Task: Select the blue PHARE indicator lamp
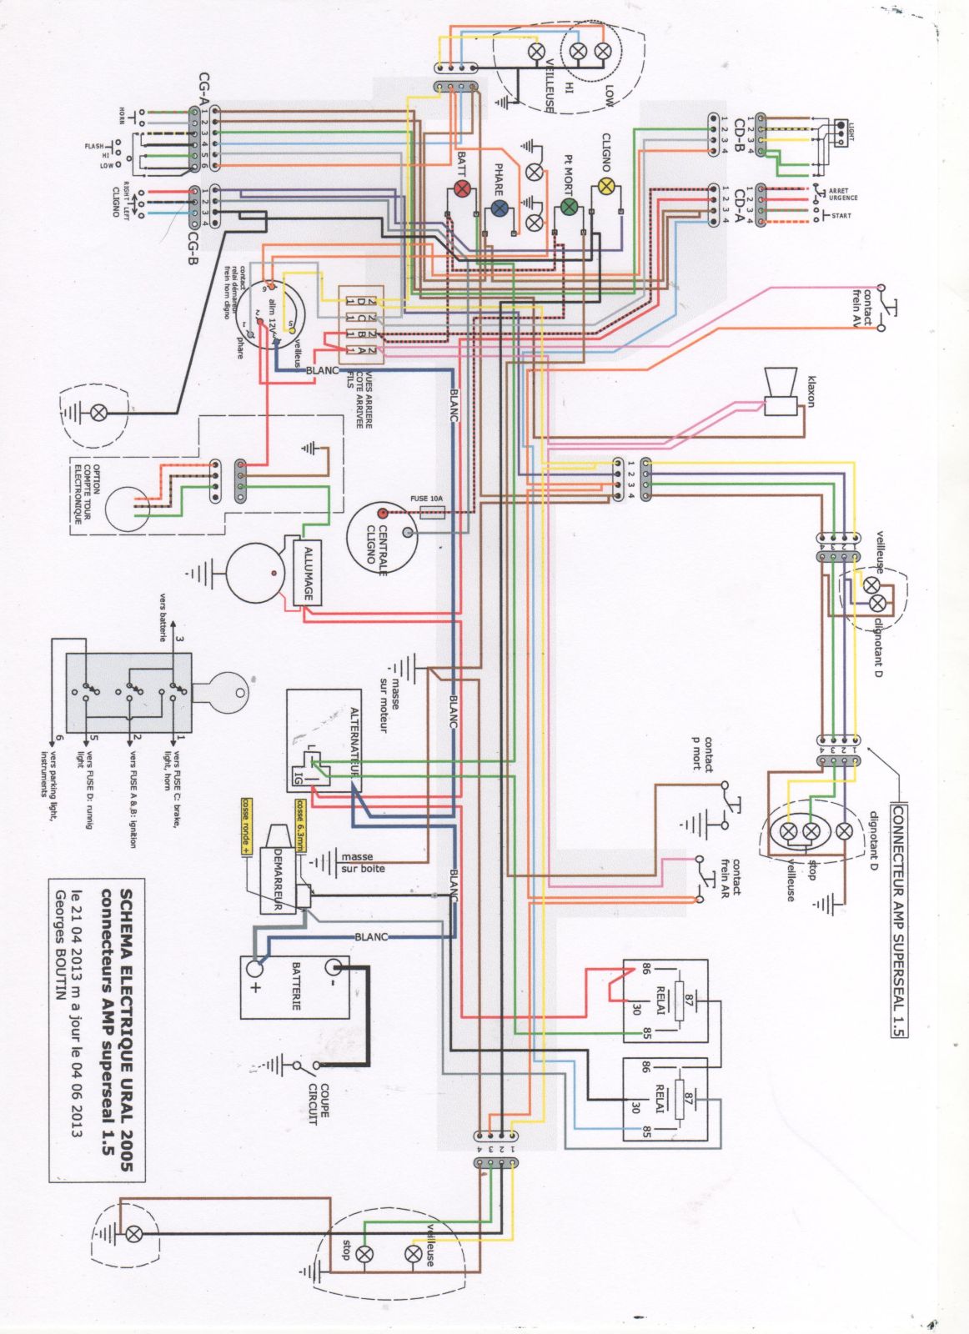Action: [x=499, y=208]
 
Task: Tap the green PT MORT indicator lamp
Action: [x=569, y=206]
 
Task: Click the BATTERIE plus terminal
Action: [x=255, y=969]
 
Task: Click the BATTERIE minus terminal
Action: [x=334, y=967]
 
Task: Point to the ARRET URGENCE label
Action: [x=842, y=194]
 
